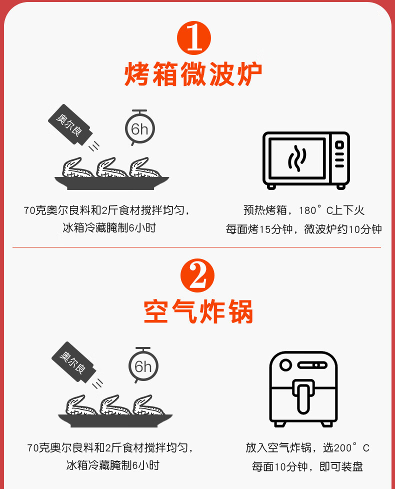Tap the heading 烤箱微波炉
[193, 74]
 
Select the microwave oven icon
[306, 160]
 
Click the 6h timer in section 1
[139, 128]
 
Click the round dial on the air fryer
[285, 365]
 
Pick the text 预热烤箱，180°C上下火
[303, 210]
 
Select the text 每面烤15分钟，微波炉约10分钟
[303, 229]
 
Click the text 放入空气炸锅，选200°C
[307, 447]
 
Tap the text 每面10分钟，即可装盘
[307, 467]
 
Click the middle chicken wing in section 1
[112, 168]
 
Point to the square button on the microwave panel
[339, 144]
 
